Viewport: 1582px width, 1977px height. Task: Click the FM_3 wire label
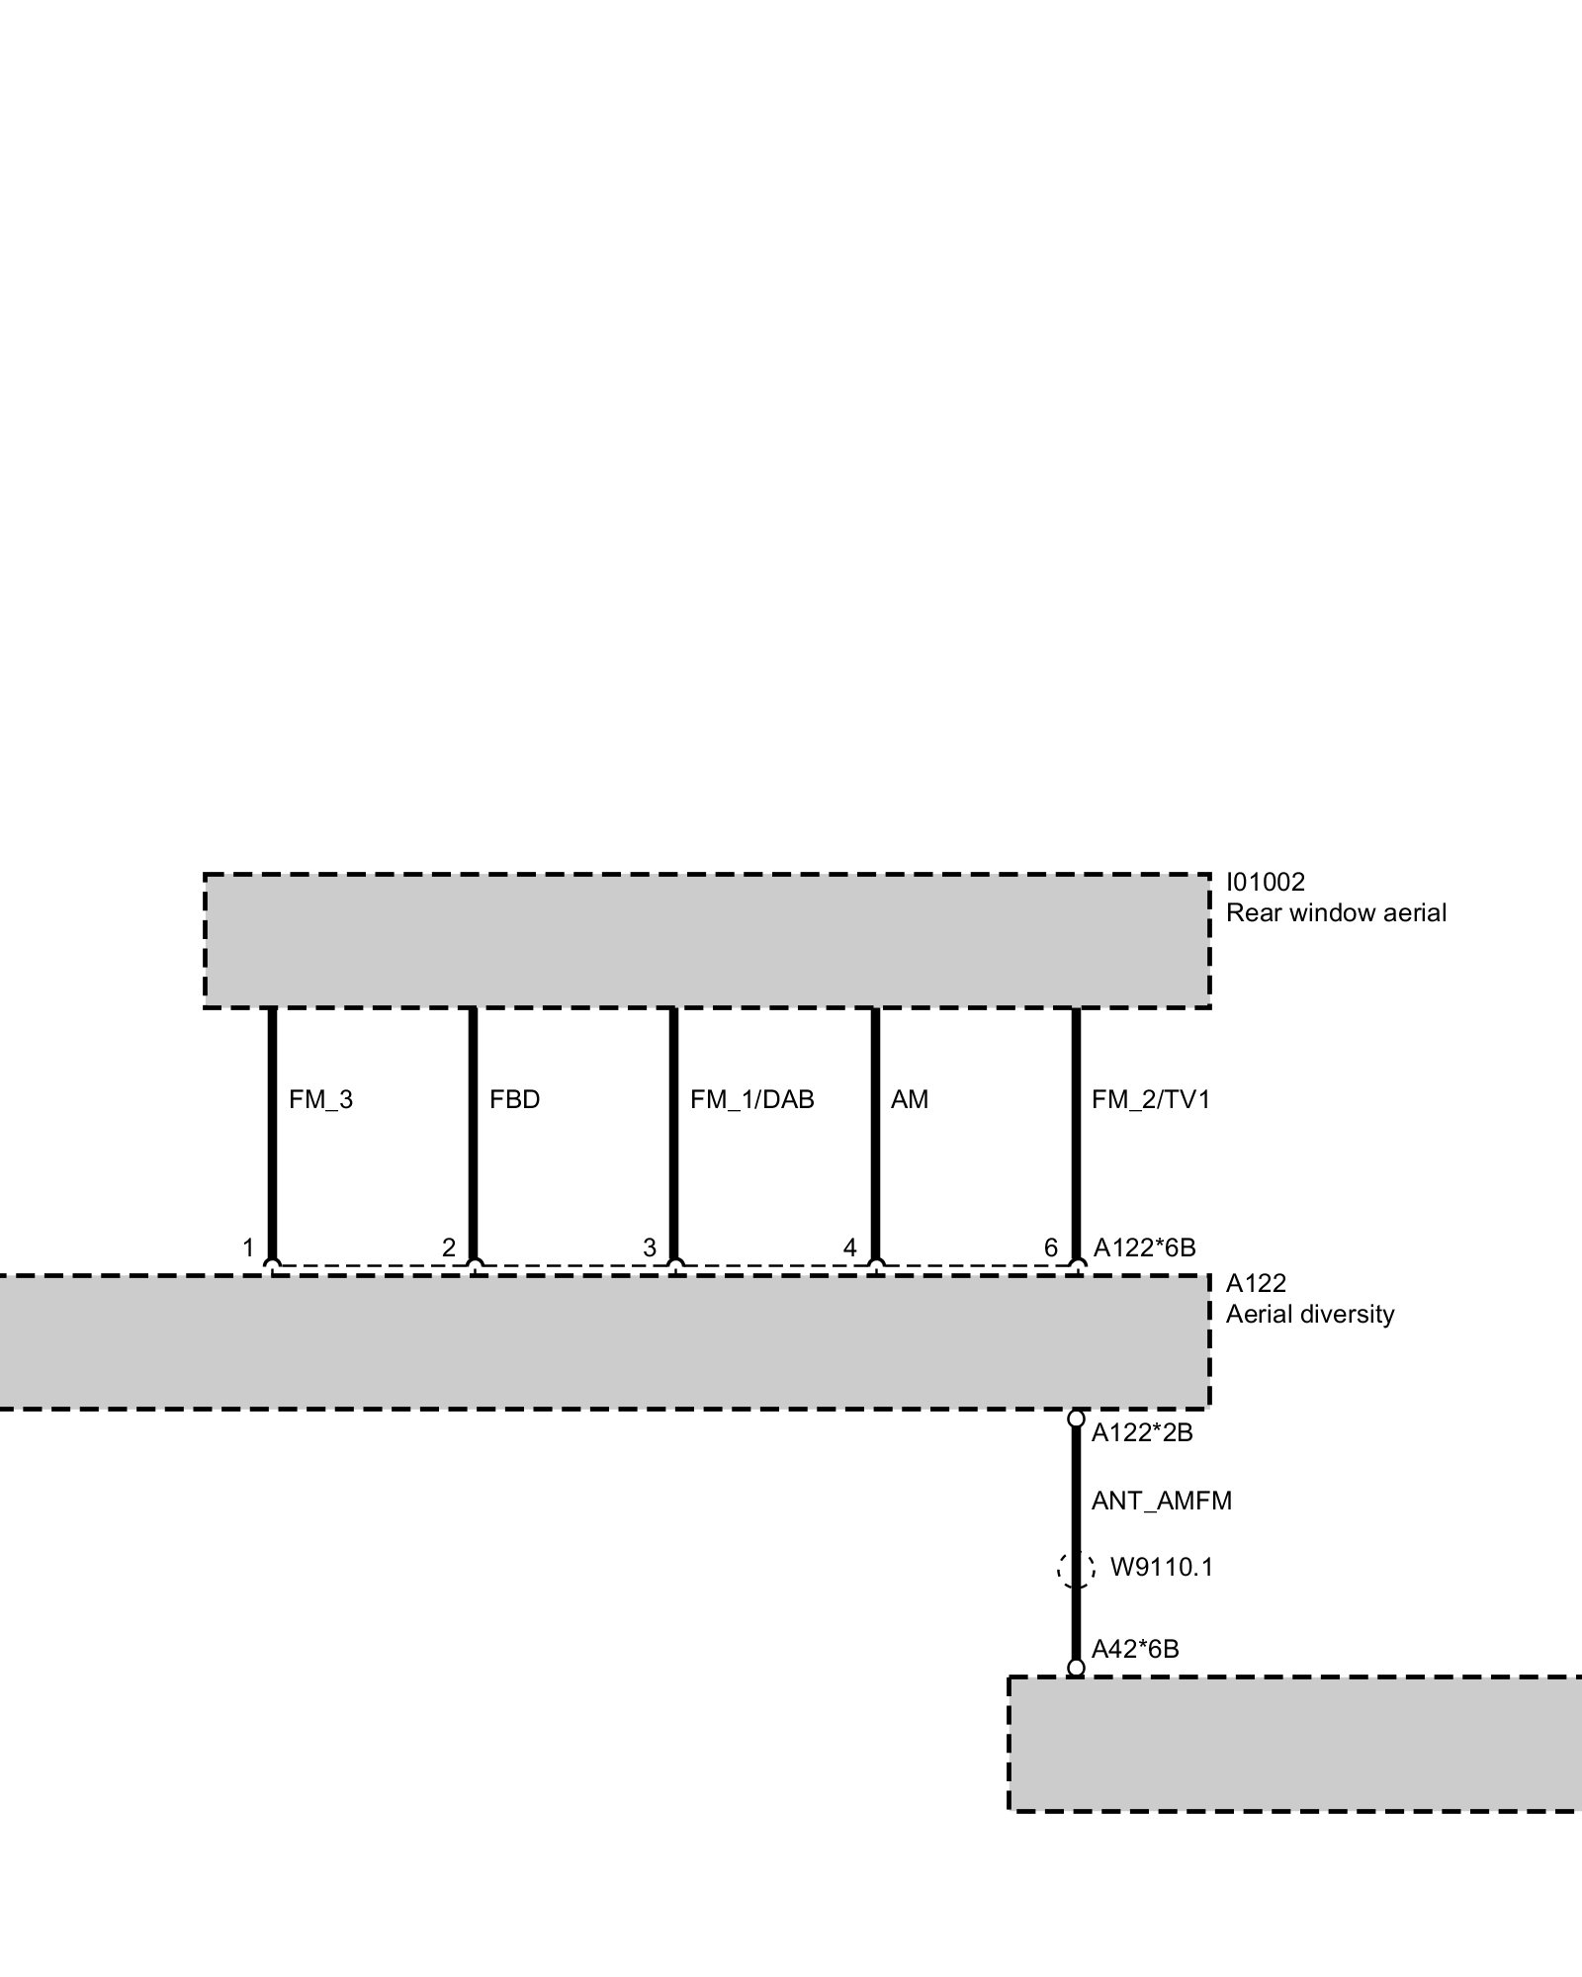coord(320,1100)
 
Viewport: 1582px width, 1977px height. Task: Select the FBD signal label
coord(514,1100)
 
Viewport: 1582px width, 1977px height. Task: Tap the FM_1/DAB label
coord(751,1100)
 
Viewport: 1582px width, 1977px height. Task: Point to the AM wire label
coord(909,1100)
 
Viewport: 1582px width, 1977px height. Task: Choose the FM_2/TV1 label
coord(1150,1100)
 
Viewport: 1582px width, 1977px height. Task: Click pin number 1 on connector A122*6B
coord(249,1248)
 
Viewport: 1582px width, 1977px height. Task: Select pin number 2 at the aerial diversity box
coord(449,1248)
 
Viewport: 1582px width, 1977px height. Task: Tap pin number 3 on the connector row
coord(650,1248)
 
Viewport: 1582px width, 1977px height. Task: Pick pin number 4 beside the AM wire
coord(849,1248)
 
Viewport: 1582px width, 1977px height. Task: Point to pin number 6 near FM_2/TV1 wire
coord(1051,1248)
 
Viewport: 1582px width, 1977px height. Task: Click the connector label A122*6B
coord(1144,1248)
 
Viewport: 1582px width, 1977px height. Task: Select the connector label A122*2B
coord(1142,1433)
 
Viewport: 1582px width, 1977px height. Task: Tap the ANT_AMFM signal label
coord(1161,1502)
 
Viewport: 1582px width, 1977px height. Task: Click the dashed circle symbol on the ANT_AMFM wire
coord(1076,1569)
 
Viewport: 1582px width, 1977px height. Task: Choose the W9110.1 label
coord(1161,1568)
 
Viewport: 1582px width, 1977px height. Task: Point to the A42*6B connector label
coord(1135,1649)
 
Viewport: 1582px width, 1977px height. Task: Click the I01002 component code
coord(1266,882)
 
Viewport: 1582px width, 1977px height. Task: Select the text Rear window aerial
coord(1336,912)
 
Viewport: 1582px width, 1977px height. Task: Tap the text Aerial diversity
coord(1310,1315)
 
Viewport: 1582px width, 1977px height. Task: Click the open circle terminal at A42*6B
coord(1076,1669)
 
